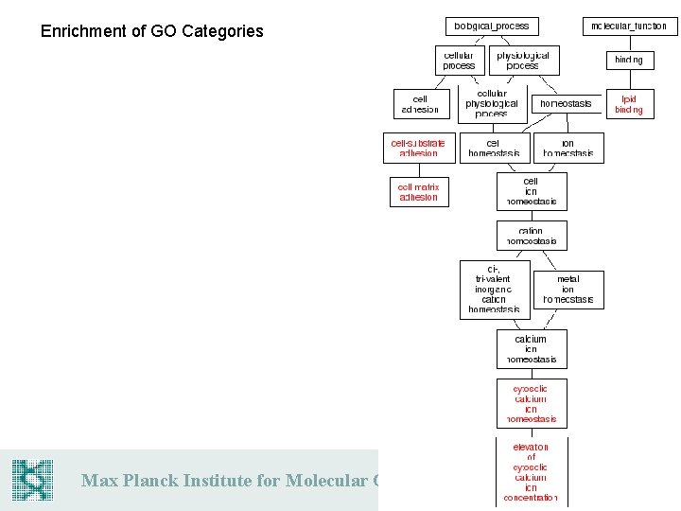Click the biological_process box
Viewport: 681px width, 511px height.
(x=492, y=26)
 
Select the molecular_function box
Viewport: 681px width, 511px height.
(x=629, y=26)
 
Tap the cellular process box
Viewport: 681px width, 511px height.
(x=459, y=61)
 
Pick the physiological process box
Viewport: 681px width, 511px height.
(x=522, y=61)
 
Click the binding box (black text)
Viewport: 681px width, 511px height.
(x=629, y=60)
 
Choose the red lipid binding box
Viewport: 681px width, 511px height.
(x=629, y=104)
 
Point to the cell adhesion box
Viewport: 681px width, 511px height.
(x=420, y=104)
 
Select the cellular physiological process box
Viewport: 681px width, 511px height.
(x=492, y=104)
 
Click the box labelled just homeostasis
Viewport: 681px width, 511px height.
(x=566, y=103)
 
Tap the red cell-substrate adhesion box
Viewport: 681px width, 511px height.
(x=418, y=148)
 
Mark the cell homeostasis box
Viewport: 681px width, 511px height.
(x=495, y=148)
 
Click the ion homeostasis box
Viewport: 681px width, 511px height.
(x=567, y=148)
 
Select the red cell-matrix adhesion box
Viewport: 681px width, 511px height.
(x=418, y=192)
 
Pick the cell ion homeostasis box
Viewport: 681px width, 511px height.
(x=532, y=191)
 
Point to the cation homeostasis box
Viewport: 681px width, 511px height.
(x=532, y=236)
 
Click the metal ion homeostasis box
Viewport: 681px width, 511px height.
(x=567, y=290)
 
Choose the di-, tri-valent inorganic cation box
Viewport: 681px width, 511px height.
(x=494, y=290)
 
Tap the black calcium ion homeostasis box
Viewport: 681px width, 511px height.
(x=532, y=349)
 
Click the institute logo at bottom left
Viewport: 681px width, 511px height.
(x=32, y=480)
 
